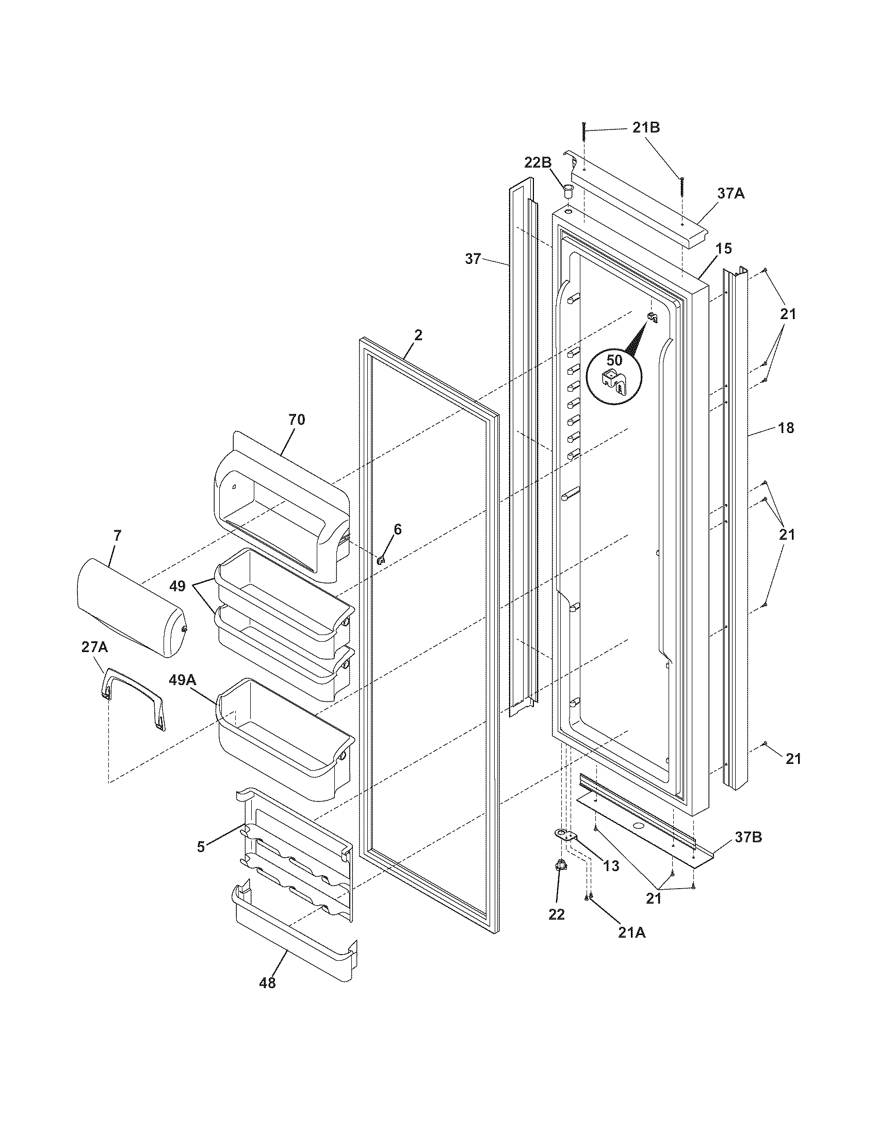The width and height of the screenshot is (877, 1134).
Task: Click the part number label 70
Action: point(297,420)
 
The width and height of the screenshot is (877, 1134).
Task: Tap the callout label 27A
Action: point(94,647)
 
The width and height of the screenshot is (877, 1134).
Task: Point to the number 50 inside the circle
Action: point(614,360)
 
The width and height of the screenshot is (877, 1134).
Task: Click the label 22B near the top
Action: point(537,162)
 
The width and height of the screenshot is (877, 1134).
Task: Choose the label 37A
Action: point(731,194)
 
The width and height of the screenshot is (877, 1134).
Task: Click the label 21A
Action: point(632,932)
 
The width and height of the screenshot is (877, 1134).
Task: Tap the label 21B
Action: point(646,128)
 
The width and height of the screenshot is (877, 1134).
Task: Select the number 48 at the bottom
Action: point(268,982)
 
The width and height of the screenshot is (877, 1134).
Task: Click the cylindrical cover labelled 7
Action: point(130,608)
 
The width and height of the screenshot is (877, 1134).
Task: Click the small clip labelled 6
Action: point(382,560)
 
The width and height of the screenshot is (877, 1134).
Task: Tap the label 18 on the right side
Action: point(786,428)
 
